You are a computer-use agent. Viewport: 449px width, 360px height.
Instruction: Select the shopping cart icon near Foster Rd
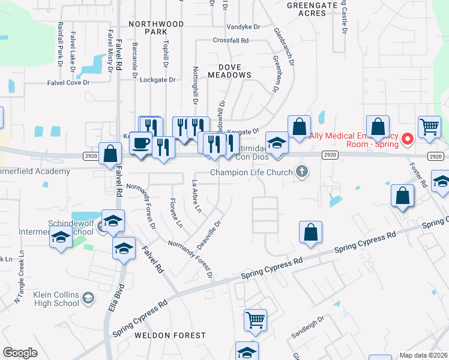coord(429,127)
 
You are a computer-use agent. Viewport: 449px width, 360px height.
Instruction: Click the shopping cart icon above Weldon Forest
coord(255,320)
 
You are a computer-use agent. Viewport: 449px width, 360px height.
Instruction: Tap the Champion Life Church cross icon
coord(302,173)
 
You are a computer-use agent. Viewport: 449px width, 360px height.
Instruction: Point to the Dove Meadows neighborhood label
coord(229,71)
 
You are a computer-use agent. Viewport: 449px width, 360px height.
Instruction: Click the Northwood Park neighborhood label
coord(156,28)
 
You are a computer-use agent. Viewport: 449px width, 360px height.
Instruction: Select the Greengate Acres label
coord(312,8)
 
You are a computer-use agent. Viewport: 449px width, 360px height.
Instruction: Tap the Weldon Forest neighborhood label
coord(170,335)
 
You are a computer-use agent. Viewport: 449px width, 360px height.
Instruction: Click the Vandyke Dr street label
coord(244,27)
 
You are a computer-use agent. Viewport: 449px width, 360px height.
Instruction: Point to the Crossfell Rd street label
coord(231,41)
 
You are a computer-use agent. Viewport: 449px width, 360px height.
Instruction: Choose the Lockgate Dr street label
coord(157,79)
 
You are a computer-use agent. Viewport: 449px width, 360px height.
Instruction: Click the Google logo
coord(20,353)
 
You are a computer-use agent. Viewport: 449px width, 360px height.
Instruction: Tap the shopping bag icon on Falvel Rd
coord(110,154)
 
